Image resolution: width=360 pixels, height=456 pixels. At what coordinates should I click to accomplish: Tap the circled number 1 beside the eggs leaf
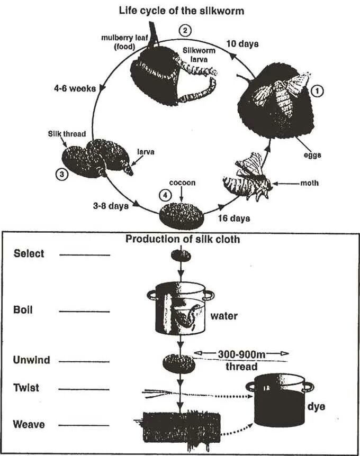pos(318,91)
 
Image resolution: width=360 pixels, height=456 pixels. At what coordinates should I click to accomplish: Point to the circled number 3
pos(62,173)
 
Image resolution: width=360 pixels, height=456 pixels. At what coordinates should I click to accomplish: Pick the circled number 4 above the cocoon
pos(166,194)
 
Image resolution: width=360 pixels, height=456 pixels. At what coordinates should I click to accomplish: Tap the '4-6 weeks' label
pos(75,88)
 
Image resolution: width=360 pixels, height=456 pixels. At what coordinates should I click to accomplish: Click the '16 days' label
pos(234,217)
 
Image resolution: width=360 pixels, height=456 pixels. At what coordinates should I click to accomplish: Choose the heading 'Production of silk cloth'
pos(183,239)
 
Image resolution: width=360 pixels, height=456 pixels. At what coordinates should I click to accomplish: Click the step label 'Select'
pos(29,254)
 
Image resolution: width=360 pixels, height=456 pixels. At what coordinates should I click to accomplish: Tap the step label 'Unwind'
pos(32,360)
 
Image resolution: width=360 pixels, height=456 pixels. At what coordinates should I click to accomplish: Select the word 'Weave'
pos(30,424)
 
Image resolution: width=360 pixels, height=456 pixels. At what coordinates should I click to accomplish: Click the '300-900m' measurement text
pos(240,353)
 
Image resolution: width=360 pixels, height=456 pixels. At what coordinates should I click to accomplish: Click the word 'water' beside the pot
pos(224,316)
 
